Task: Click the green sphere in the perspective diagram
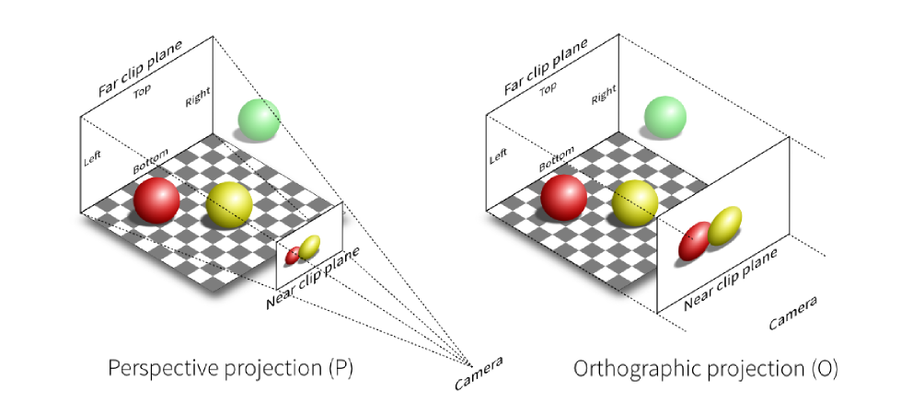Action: click(260, 120)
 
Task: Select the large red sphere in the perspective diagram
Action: click(156, 200)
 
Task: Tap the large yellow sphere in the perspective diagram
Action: click(228, 205)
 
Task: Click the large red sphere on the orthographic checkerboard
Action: click(563, 198)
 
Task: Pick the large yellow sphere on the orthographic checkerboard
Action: click(634, 202)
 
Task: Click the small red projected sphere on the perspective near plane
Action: click(293, 255)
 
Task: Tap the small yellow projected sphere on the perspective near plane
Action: click(309, 247)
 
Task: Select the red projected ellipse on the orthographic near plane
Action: click(695, 241)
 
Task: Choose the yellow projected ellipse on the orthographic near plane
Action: click(724, 225)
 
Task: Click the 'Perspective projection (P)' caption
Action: click(230, 369)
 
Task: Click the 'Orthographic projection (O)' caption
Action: click(706, 369)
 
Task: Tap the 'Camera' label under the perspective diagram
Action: click(478, 373)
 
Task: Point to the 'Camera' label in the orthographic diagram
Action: click(793, 313)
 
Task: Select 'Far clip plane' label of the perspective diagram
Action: click(140, 68)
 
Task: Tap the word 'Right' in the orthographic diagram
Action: click(604, 94)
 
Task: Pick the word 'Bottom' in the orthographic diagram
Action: click(556, 159)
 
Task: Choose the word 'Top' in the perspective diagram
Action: click(143, 92)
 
